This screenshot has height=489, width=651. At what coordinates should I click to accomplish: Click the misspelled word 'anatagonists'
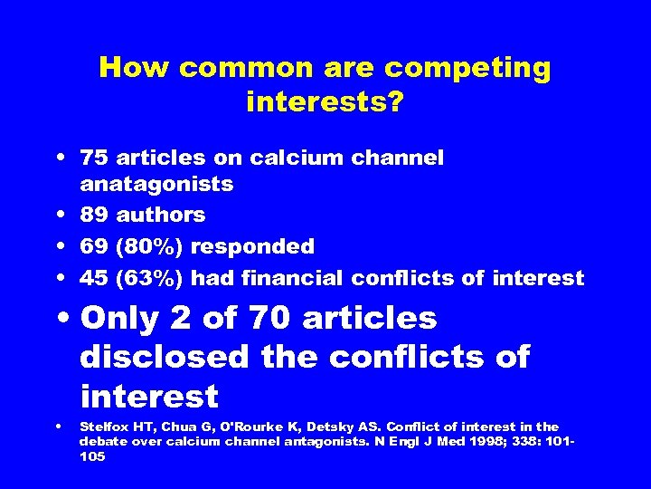[x=156, y=185]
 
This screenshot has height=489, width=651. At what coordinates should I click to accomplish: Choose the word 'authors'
[x=161, y=216]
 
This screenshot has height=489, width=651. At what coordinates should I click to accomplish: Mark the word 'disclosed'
[x=164, y=358]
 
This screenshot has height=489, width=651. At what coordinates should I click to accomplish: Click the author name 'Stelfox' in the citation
[x=101, y=427]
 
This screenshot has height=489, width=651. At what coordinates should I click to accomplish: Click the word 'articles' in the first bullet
[x=157, y=158]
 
